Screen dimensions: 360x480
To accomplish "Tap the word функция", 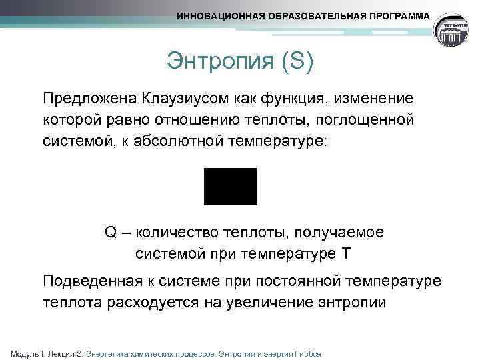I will click(x=289, y=99).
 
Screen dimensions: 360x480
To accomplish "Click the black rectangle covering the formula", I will click(x=230, y=186).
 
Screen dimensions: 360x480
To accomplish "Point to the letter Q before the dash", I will click(x=111, y=232).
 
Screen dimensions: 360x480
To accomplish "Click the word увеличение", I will click(x=279, y=302).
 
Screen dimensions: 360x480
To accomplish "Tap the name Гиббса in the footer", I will click(x=308, y=353).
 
